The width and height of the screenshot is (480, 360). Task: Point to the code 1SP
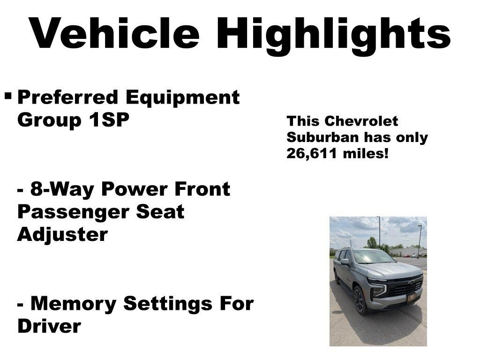tap(107, 120)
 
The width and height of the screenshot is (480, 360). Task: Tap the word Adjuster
tap(62, 234)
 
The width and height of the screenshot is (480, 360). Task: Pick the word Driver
tap(49, 326)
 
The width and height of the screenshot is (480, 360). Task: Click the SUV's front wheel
tap(359, 300)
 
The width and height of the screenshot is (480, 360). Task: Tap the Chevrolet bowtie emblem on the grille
tap(412, 282)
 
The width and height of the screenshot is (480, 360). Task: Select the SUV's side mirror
tap(345, 262)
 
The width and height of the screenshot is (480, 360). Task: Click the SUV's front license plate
tap(411, 298)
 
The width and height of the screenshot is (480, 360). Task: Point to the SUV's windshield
tap(373, 257)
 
